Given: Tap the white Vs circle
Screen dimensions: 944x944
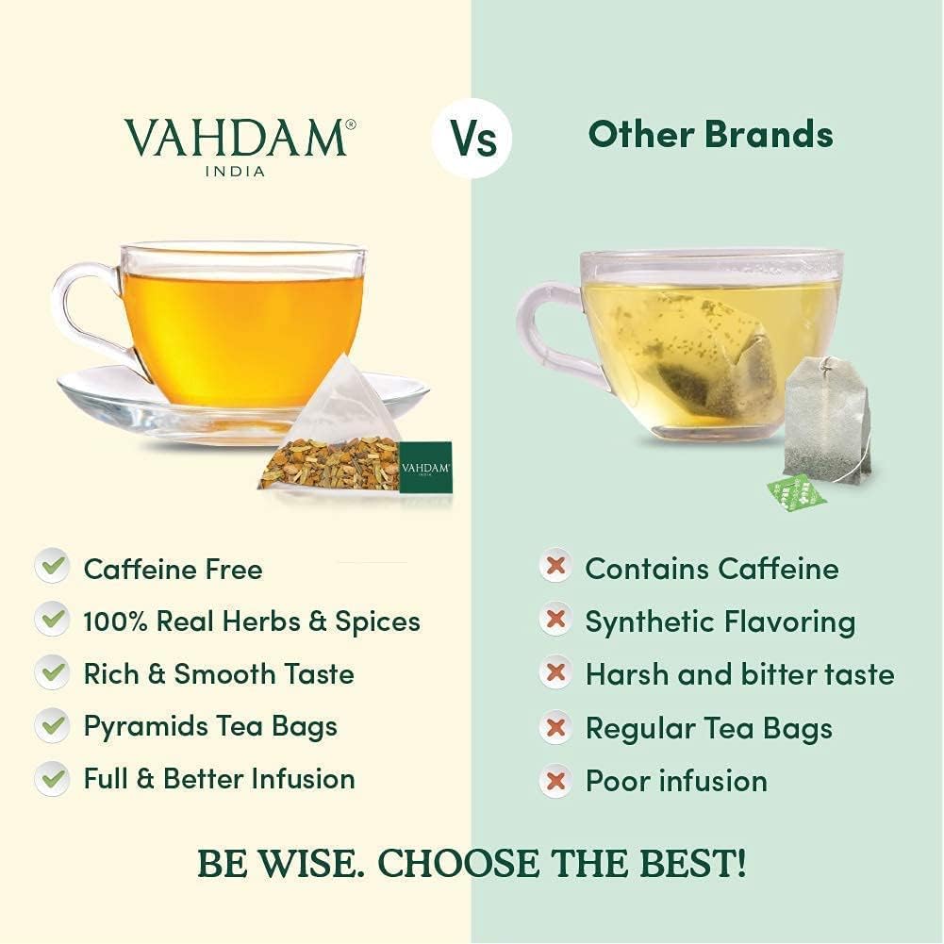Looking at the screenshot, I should point(472,139).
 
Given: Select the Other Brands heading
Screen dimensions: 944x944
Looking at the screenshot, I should point(710,135).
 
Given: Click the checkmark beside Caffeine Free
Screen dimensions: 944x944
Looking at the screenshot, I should point(52,568).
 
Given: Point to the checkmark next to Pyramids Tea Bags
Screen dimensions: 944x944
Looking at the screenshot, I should point(52,725).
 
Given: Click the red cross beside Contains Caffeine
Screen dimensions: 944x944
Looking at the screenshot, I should point(555,568).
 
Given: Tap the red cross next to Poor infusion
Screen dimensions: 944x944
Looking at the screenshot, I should point(555,780).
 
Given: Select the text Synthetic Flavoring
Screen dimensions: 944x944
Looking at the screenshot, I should point(720,621).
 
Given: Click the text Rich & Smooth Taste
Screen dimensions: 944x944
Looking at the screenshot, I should point(219,673).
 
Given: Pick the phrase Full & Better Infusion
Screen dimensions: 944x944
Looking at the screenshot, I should point(219,778).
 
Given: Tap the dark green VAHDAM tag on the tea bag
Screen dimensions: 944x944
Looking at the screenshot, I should point(425,467).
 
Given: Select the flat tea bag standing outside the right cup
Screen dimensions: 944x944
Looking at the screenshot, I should point(827,421).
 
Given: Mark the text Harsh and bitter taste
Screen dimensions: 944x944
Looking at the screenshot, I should point(739,674).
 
